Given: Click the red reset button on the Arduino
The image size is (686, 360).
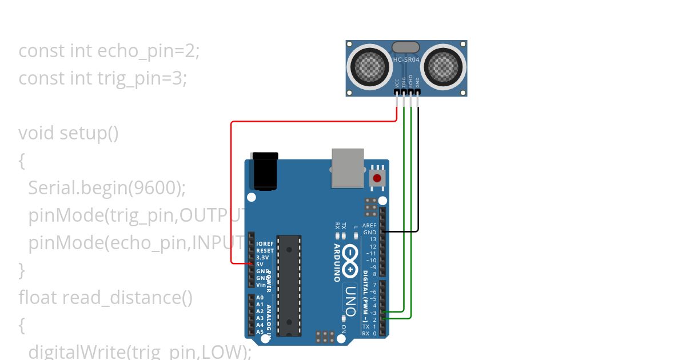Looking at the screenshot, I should [x=377, y=178].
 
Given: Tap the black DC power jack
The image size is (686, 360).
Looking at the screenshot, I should [x=265, y=171].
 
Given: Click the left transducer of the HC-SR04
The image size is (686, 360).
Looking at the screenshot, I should [x=369, y=66].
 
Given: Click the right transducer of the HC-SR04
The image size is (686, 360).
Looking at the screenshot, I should [x=445, y=66].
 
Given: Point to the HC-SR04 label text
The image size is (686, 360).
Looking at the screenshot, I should [x=406, y=59].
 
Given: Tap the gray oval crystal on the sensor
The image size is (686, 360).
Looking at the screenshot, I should [x=406, y=47].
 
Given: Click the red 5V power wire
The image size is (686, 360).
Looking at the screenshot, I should [x=231, y=189].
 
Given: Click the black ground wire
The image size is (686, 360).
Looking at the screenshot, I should [x=418, y=171].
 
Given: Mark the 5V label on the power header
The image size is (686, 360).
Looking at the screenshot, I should [x=260, y=264].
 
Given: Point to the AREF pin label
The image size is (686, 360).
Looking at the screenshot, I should [x=369, y=226].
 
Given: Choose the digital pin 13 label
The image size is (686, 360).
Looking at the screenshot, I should [x=373, y=239].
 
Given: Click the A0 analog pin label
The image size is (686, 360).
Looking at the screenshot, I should [x=260, y=298].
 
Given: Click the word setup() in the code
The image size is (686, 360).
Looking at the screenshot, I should [x=89, y=133].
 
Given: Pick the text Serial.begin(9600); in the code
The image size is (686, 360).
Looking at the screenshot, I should [x=107, y=188].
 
